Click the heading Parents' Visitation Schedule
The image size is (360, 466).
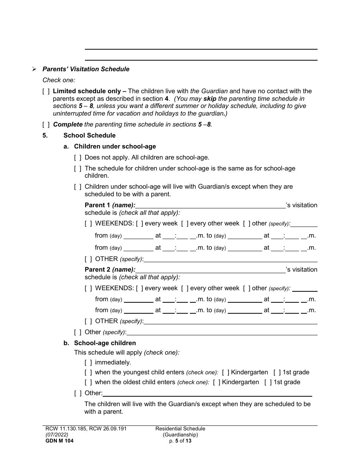(x=86, y=69)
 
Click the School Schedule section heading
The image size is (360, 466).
(x=89, y=135)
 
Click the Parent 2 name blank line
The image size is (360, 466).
(x=210, y=270)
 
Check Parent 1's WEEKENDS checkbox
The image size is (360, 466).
(x=88, y=224)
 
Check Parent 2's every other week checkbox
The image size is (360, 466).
(x=185, y=288)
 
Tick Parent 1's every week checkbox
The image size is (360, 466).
(x=139, y=224)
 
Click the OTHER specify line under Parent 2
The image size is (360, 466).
(x=230, y=321)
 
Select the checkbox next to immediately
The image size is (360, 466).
(x=88, y=363)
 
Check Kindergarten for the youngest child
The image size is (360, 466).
(x=225, y=372)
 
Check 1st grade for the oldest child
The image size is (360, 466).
(x=268, y=382)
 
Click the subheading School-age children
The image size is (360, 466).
(x=105, y=343)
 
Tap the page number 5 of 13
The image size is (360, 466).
(x=180, y=441)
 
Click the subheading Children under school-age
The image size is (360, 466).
(x=115, y=146)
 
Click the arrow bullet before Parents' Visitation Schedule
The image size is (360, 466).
(x=34, y=69)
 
